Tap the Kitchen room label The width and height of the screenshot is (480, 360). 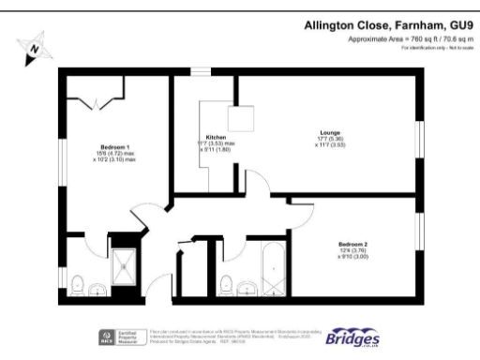point(217,136)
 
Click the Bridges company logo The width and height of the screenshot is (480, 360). point(352,336)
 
